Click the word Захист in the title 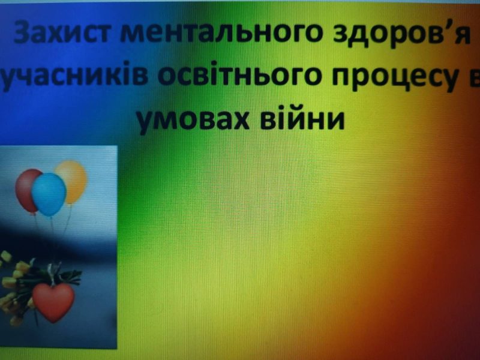tap(61, 32)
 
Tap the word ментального tap(221, 32)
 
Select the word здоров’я tap(401, 34)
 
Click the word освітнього tap(239, 76)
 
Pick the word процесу tap(395, 77)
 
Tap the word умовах tap(193, 119)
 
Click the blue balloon tap(49, 194)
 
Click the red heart tap(53, 301)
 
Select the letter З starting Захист tap(23, 32)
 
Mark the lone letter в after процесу tap(474, 76)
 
